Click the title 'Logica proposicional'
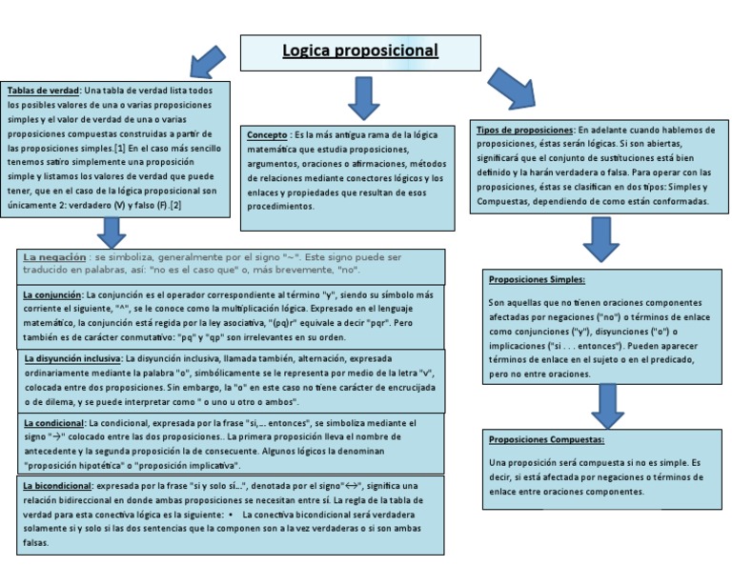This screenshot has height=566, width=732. coord(359,51)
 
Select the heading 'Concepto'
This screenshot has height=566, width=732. coord(267,135)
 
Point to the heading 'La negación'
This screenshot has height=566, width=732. coord(52,257)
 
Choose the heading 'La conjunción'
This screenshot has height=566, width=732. coord(51,296)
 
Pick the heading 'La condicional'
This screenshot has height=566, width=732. coord(53,422)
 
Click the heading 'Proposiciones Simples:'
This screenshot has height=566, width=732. coord(536,280)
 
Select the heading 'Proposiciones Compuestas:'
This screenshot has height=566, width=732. coord(545,440)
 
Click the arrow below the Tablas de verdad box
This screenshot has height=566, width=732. coord(112,232)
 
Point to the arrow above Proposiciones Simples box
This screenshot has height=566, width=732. coord(602,240)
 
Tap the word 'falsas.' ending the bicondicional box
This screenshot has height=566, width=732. coord(36,543)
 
